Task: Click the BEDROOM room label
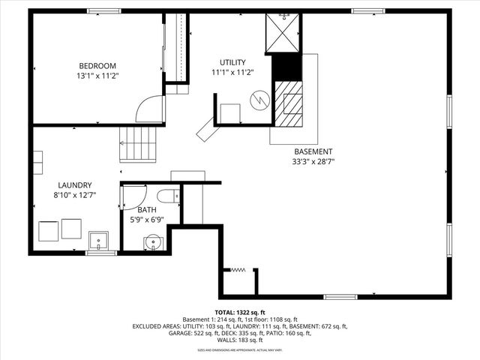pos(97,65)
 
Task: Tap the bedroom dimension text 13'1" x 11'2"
pos(97,76)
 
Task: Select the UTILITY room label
pos(232,61)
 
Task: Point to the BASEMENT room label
pos(313,151)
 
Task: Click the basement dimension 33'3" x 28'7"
pos(313,160)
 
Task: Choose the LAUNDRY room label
pos(75,185)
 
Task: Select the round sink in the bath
pos(153,241)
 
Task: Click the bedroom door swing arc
pos(149,109)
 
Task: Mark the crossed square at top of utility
pos(284,33)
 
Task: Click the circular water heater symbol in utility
pos(259,98)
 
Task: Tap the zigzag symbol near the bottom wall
pos(239,270)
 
